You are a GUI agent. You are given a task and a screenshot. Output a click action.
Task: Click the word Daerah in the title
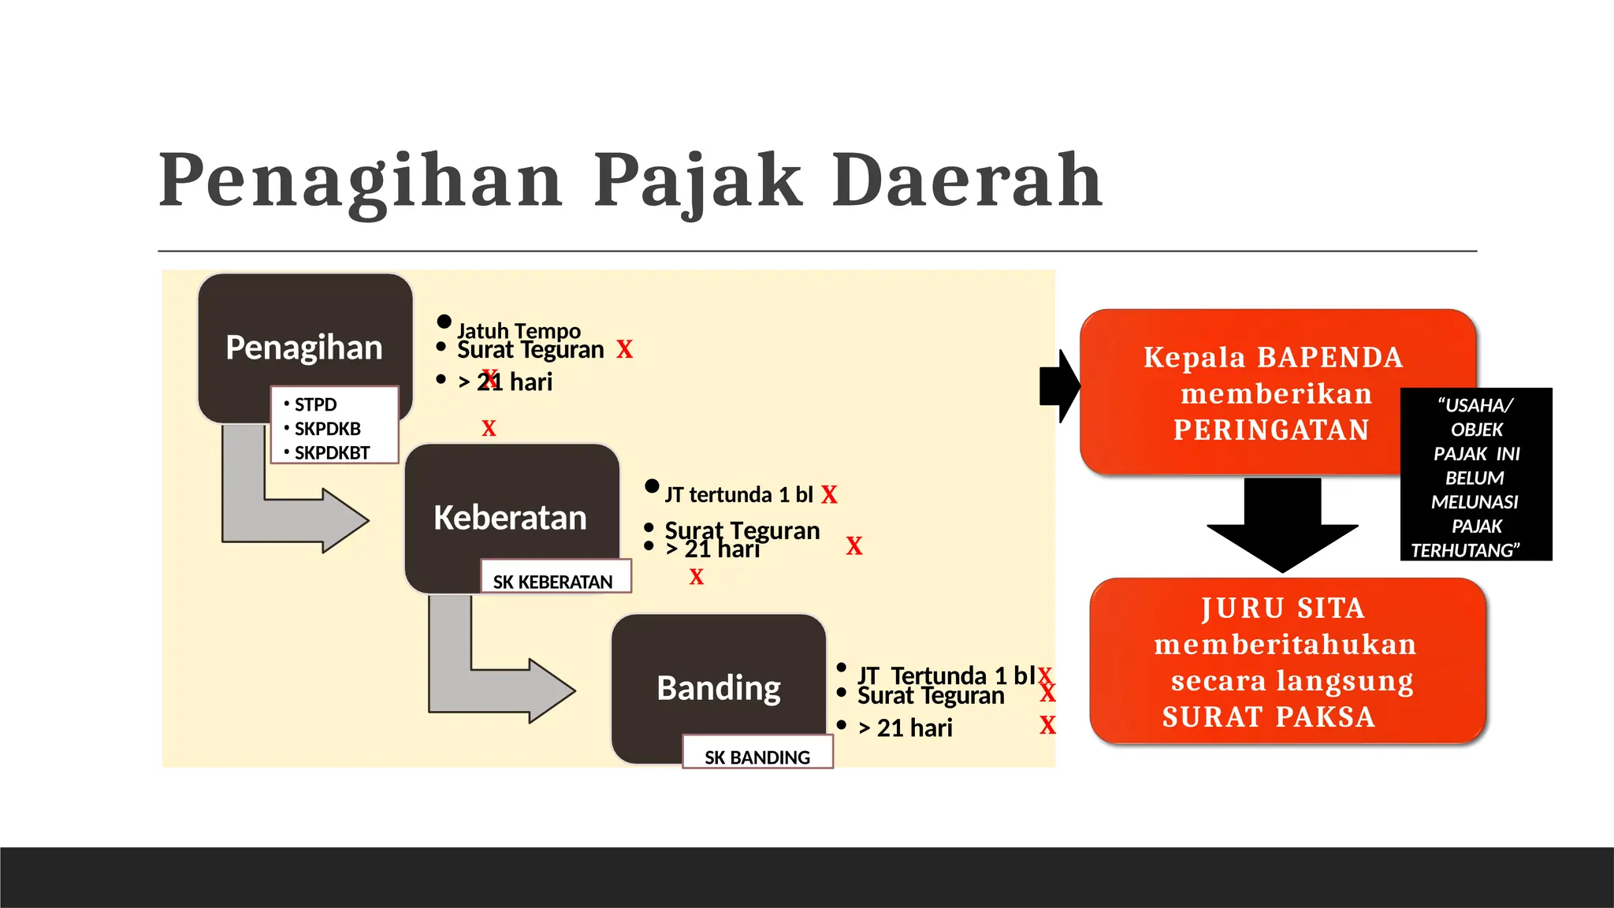(x=967, y=180)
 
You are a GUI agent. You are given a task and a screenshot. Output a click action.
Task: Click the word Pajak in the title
(x=697, y=180)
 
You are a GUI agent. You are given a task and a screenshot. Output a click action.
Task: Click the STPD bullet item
(x=315, y=404)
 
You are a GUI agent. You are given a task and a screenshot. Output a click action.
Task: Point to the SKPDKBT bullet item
(x=332, y=453)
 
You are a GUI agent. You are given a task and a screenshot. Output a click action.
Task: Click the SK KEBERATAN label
(x=552, y=582)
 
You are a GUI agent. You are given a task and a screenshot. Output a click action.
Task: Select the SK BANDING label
(x=757, y=757)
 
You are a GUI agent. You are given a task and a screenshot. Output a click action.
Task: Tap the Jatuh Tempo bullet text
(x=519, y=330)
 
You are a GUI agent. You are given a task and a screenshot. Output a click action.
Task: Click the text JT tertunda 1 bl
(x=738, y=494)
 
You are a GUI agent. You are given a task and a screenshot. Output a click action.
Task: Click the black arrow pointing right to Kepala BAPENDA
(x=1060, y=386)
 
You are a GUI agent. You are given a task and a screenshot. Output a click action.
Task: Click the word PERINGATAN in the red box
(x=1271, y=430)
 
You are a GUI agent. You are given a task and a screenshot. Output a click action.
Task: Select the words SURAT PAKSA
(x=1268, y=717)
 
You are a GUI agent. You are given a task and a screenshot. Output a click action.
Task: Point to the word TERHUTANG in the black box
(x=1464, y=550)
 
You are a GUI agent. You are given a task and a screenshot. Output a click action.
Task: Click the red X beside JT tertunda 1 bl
(x=829, y=495)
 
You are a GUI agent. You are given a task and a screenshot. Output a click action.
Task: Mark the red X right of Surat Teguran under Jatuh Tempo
(x=624, y=350)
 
